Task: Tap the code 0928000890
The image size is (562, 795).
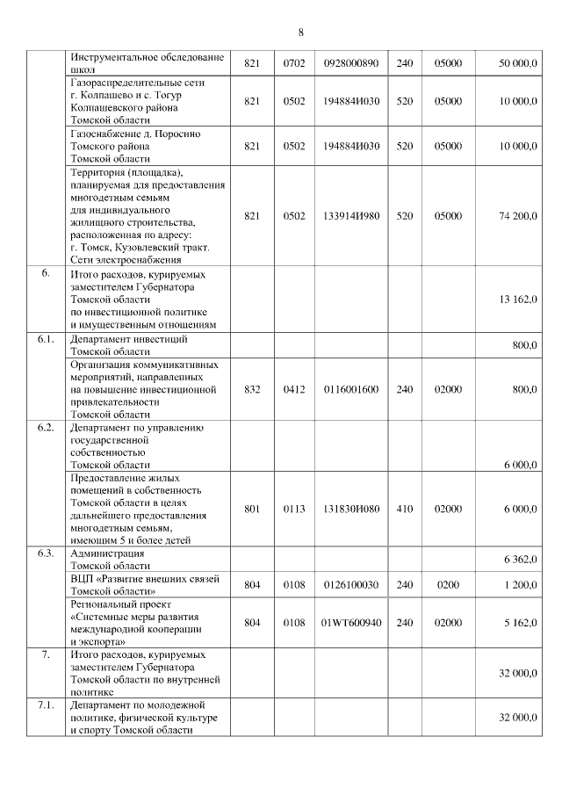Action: coord(350,63)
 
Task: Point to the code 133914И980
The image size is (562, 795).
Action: coord(350,215)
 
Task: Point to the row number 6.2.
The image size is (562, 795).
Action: coord(46,428)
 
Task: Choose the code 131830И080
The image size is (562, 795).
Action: coord(350,509)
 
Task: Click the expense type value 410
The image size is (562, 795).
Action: coord(404,509)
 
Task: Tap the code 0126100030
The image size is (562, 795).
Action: coord(350,584)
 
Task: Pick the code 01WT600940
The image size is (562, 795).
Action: coord(350,623)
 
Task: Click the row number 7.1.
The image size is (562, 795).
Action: coord(46,705)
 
